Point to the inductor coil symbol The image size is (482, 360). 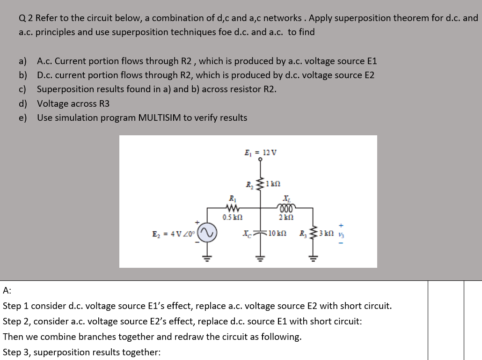coord(285,209)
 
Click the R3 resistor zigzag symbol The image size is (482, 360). coord(313,233)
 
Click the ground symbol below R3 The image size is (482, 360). coord(313,257)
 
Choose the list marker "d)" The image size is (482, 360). coord(23,103)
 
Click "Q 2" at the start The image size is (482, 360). coord(26,18)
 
